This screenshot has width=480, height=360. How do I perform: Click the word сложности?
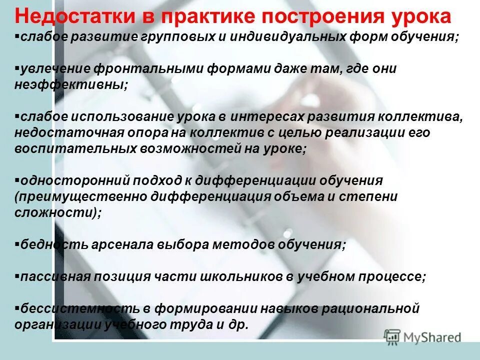pyautogui.click(x=54, y=212)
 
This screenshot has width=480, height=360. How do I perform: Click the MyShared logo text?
pyautogui.click(x=430, y=337)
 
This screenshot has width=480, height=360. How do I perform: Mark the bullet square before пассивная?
pyautogui.click(x=17, y=276)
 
